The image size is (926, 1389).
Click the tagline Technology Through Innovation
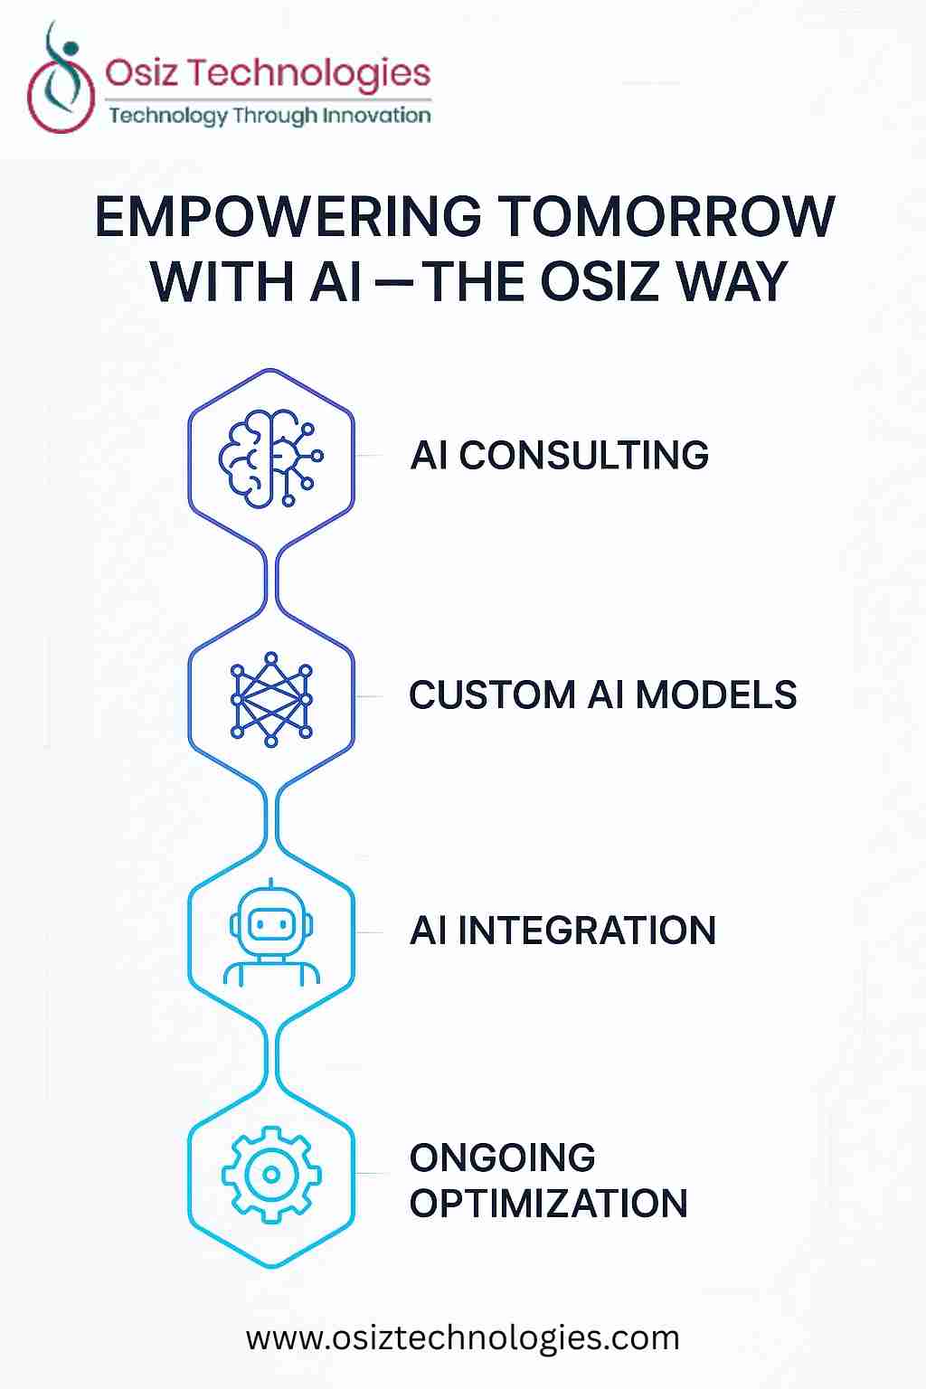tap(269, 116)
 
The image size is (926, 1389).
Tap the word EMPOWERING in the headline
tap(288, 217)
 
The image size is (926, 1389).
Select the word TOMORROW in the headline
tap(666, 217)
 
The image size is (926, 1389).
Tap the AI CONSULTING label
tap(559, 455)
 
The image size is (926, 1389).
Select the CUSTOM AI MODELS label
tap(602, 695)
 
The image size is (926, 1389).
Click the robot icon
tap(271, 933)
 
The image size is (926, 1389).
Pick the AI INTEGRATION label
tap(562, 931)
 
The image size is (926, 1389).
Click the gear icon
tap(271, 1174)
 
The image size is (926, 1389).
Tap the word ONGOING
tap(502, 1157)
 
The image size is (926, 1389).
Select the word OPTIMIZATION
tap(548, 1204)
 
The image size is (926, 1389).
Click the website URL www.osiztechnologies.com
tap(462, 1337)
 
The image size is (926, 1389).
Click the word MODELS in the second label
tap(715, 695)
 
